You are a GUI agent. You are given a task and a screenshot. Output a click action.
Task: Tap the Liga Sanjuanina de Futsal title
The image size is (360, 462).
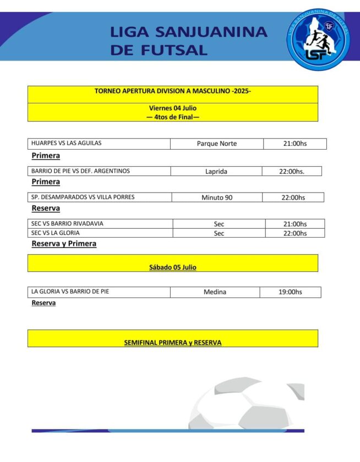(x=189, y=41)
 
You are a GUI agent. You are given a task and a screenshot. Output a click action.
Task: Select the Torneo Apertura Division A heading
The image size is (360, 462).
(x=173, y=91)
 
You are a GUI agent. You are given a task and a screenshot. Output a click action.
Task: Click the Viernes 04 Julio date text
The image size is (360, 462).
(x=173, y=108)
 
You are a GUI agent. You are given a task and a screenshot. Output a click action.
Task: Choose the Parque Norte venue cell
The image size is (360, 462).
(x=217, y=144)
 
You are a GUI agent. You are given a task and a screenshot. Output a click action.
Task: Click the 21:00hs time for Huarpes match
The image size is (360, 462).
(x=294, y=144)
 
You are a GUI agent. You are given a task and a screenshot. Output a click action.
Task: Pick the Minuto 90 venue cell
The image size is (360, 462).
(x=217, y=197)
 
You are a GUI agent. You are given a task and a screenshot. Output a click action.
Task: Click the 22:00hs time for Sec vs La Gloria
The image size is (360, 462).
(x=294, y=233)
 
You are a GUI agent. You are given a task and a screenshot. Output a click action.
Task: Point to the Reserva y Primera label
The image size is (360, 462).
(x=64, y=244)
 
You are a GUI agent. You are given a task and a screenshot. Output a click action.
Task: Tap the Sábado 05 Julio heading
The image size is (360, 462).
(x=173, y=267)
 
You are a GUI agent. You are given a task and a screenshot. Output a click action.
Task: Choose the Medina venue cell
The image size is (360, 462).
(x=215, y=292)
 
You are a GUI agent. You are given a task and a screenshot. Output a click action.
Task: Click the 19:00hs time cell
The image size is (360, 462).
(x=290, y=292)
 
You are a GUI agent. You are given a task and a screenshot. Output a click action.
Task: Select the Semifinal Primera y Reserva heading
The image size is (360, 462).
(x=173, y=343)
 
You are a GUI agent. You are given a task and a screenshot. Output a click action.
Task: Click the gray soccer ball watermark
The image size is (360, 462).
(x=248, y=404)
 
